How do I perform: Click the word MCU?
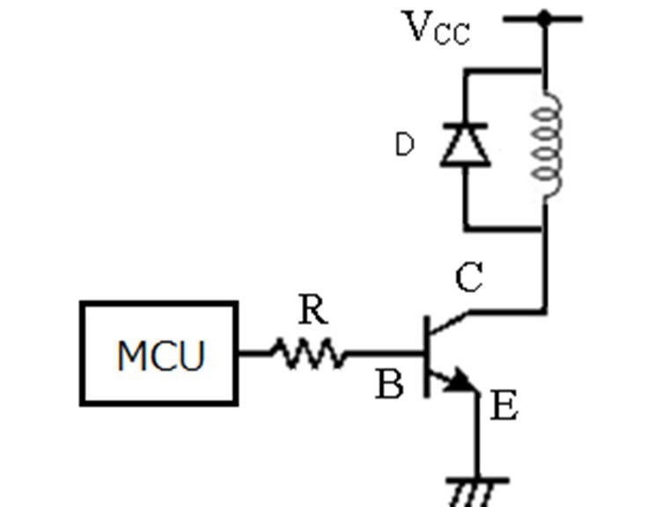pos(161,356)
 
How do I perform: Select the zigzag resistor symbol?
pos(309,353)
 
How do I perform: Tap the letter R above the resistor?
pos(313,310)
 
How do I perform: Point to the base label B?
pos(389,384)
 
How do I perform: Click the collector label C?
pos(469,277)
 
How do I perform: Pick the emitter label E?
pos(504,405)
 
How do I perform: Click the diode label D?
pos(404,144)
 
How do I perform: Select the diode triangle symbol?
pos(466,144)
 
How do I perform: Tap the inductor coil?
pos(547,143)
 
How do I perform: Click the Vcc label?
pos(437,28)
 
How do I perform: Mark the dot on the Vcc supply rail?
pos(544,18)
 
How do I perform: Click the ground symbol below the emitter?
pos(476,492)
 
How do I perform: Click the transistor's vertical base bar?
pos(427,356)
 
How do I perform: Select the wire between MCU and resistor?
pos(254,353)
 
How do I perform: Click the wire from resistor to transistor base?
pos(385,353)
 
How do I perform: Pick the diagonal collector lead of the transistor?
pos(449,323)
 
